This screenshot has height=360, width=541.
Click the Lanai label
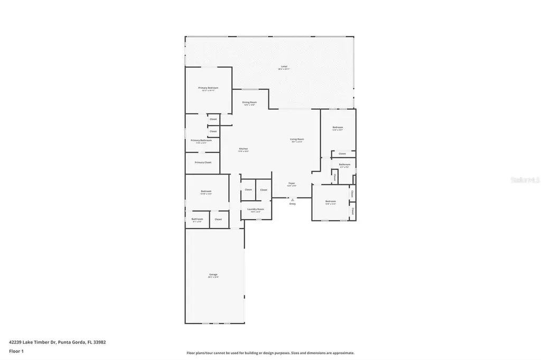click(284, 67)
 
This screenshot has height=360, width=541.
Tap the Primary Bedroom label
click(208, 88)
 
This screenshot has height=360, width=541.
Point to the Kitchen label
click(244, 148)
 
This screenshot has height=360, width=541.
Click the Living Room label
click(297, 139)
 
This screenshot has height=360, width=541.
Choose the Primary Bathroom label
click(201, 140)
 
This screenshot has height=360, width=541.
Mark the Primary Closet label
click(203, 163)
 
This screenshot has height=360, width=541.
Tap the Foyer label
click(291, 183)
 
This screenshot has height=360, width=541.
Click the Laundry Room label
click(256, 209)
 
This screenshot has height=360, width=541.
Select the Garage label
click(213, 274)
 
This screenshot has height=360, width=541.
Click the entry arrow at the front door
click(292, 200)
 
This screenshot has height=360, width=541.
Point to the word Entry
click(293, 204)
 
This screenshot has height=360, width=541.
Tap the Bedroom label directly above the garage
click(206, 191)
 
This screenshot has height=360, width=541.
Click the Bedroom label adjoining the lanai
click(338, 127)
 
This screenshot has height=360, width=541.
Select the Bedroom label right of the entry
click(331, 201)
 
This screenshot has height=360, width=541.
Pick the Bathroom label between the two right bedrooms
click(345, 164)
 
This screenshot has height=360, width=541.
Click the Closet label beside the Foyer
click(264, 190)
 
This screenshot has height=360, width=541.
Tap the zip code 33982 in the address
click(99, 342)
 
